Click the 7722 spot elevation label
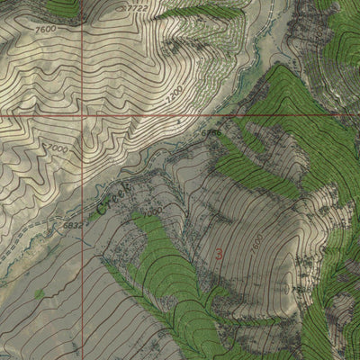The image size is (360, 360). coord(138,8)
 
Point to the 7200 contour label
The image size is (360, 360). coord(176,93)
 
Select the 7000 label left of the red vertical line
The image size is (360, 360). coord(58,147)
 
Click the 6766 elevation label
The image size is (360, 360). coord(211,133)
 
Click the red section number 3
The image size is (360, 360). coord(219,253)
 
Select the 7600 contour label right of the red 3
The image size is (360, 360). coord(258,243)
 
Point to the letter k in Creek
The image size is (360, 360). coord(129,186)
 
